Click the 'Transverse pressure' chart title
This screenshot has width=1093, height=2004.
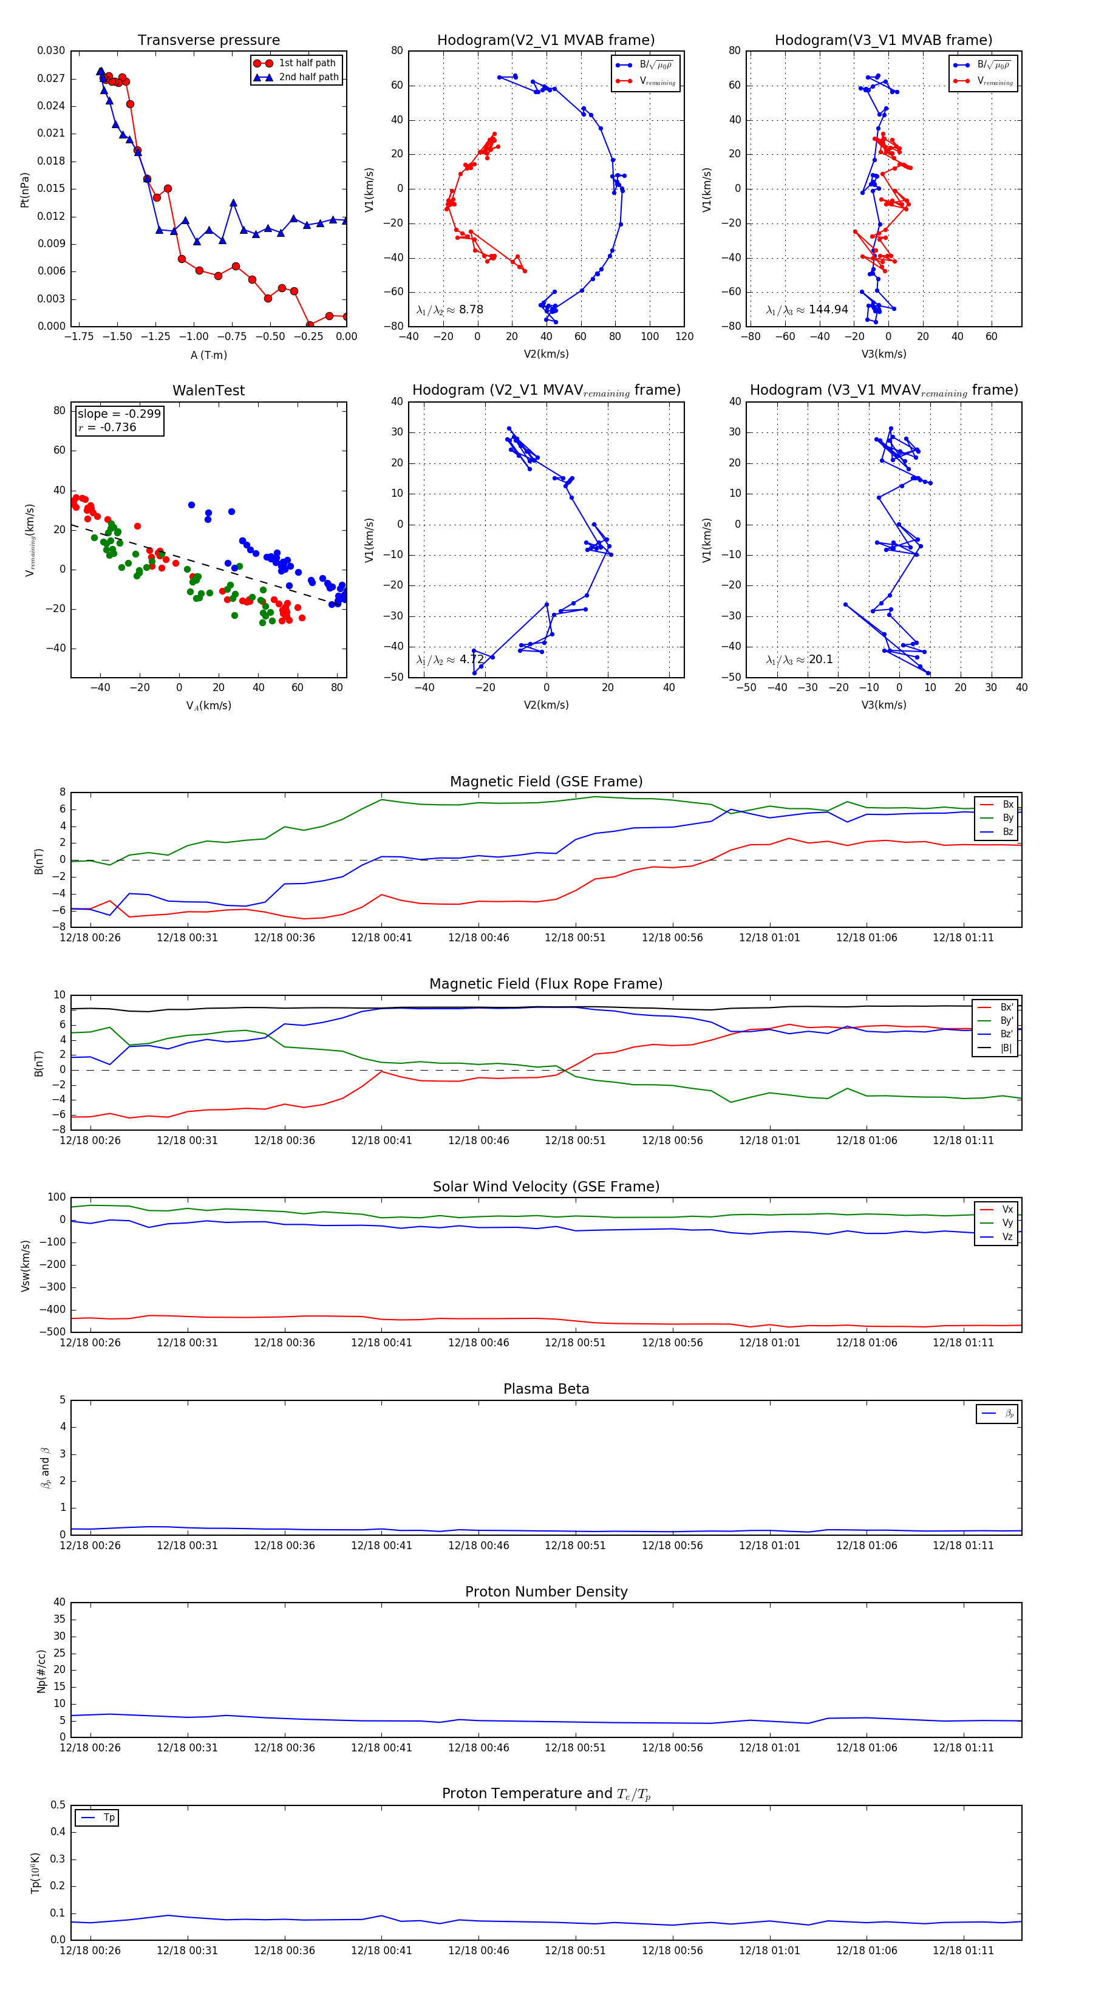pos(208,41)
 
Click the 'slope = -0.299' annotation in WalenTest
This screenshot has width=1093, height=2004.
pos(119,414)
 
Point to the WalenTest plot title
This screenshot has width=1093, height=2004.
pos(208,390)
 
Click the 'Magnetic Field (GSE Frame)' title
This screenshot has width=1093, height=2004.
pos(546,782)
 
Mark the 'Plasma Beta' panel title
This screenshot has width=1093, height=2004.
pos(546,1389)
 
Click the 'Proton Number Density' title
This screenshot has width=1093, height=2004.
pos(546,1592)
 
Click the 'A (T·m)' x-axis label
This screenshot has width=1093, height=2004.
pos(208,355)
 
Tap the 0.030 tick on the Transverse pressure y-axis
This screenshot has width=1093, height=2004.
pos(52,50)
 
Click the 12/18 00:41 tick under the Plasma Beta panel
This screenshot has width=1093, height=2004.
pos(381,1546)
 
